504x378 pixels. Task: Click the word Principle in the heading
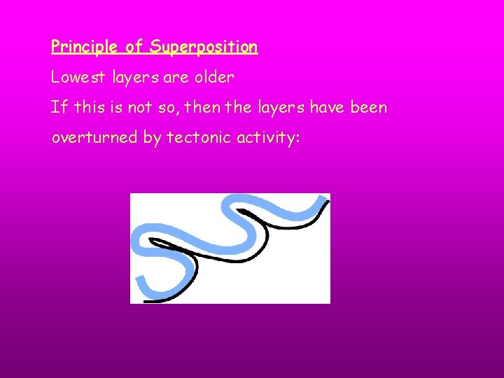[x=84, y=48]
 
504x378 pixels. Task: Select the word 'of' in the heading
[x=134, y=48]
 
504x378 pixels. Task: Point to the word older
[x=214, y=78]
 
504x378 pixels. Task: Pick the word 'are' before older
[x=176, y=78]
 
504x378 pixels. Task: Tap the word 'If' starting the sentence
[x=57, y=108]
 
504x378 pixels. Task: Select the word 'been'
[x=368, y=108]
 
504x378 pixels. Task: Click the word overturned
[x=94, y=138]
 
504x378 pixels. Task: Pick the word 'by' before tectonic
[x=152, y=138]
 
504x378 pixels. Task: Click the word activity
[x=268, y=138]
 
